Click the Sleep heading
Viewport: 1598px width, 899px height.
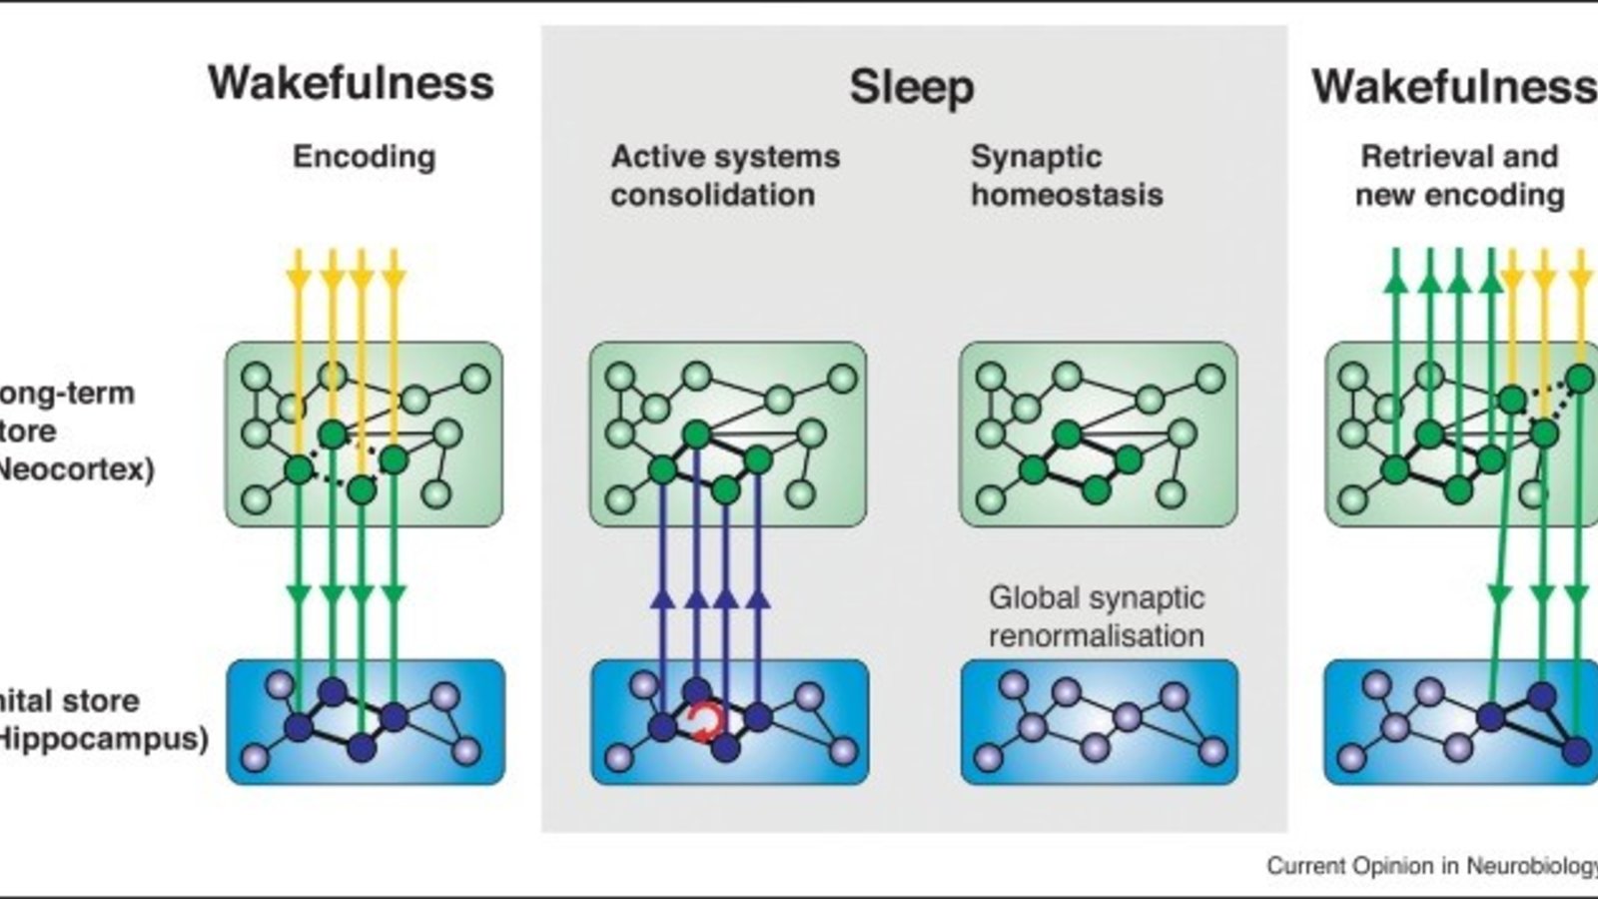coord(911,87)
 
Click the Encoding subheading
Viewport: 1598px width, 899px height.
coord(364,157)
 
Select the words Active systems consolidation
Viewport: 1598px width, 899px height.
coord(724,176)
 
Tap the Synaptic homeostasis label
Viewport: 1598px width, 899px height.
coord(1066,176)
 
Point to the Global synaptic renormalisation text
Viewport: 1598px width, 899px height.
coord(1096,616)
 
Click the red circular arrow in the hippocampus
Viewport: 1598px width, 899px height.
coord(706,723)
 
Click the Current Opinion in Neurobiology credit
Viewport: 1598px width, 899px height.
coord(1431,865)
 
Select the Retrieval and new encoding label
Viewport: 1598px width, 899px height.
coord(1459,176)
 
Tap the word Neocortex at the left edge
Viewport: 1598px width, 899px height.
coord(75,469)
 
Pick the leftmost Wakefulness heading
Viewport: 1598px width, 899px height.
coord(351,83)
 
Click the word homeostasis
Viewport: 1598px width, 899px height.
coord(1066,195)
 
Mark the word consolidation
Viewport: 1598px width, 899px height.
coord(712,195)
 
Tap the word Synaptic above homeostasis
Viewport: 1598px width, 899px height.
coord(1036,157)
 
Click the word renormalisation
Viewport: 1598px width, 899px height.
coord(1096,635)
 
